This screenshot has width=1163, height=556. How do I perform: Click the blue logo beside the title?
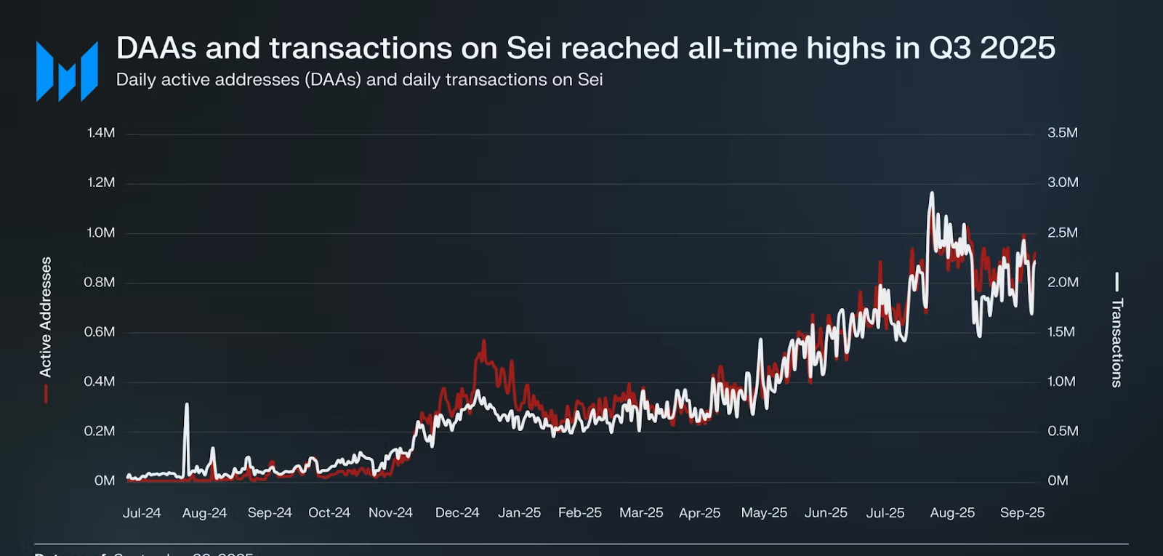[x=67, y=70]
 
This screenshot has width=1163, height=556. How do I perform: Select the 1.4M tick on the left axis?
[x=101, y=133]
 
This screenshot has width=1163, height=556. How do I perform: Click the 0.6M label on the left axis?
[x=100, y=332]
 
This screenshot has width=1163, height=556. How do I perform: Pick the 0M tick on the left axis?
[x=105, y=480]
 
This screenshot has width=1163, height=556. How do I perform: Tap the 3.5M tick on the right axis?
[x=1062, y=133]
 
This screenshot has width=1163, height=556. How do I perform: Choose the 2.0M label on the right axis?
[x=1062, y=282]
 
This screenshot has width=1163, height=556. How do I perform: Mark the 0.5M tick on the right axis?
[x=1062, y=431]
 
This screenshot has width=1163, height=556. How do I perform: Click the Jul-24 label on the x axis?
[x=142, y=512]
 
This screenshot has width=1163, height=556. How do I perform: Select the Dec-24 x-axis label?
[x=457, y=512]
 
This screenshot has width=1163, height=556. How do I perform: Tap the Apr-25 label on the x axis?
[x=699, y=512]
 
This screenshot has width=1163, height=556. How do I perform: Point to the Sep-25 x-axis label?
[x=1022, y=512]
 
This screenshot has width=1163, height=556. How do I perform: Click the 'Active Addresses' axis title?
[x=46, y=317]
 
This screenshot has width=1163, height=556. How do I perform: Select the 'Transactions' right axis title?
[x=1116, y=342]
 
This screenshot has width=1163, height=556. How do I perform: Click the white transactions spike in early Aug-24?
[x=187, y=406]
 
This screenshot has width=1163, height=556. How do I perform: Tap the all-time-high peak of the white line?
[x=932, y=194]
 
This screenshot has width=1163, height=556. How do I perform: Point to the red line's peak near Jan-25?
[x=483, y=342]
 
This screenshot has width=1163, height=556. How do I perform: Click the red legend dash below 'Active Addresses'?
[x=46, y=394]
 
